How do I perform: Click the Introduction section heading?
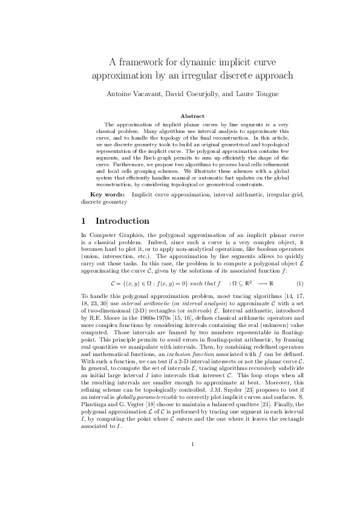(122, 221)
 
